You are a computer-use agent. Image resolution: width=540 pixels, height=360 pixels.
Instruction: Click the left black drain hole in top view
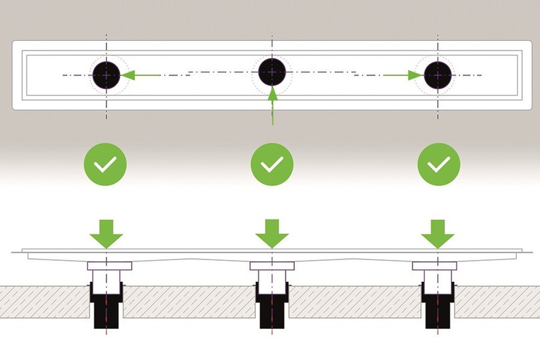pos(107,74)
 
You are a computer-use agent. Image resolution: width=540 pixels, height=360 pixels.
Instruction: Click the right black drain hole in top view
pos(437,74)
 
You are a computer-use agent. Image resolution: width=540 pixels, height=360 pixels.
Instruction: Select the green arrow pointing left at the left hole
pos(139,75)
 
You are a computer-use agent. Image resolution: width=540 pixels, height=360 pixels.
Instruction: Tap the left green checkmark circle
pos(105,164)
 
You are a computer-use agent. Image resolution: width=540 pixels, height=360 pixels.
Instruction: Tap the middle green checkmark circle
pos(272,164)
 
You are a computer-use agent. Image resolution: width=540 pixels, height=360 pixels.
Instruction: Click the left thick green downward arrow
pos(106,232)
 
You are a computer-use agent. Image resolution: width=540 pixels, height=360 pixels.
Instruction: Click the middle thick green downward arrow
pos(272,232)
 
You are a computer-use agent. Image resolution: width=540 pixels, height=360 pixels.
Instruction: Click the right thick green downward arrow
pos(438,232)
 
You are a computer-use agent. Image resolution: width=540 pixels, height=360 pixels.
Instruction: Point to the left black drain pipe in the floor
pos(107,307)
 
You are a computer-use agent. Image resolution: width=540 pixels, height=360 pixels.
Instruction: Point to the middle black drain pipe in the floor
pos(271,307)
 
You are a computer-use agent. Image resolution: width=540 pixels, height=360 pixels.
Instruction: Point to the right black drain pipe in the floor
pos(438,307)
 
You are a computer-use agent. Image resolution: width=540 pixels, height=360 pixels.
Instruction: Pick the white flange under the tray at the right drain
pos(437,266)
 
